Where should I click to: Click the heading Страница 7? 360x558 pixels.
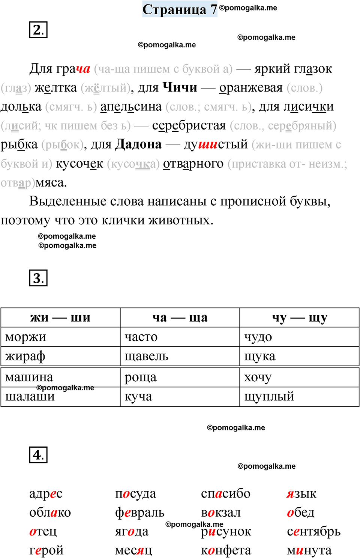pos(180,9)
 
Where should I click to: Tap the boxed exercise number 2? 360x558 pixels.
pos(38,30)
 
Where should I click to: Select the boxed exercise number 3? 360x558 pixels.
pos(38,278)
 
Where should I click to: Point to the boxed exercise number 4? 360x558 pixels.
pos(38,455)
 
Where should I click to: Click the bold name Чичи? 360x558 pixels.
pos(180,88)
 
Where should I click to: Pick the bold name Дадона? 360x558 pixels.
pos(138,144)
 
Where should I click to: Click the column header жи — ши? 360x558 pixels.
pos(60,318)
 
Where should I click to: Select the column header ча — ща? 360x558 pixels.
pos(180,318)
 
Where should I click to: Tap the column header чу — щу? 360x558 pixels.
pos(299,318)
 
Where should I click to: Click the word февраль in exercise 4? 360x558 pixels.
pos(140,513)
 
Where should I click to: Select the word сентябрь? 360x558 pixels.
pos(314,531)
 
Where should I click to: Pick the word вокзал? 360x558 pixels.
pos(221,513)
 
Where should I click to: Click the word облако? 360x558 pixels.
pos(50,513)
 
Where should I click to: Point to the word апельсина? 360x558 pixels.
pos(131,107)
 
